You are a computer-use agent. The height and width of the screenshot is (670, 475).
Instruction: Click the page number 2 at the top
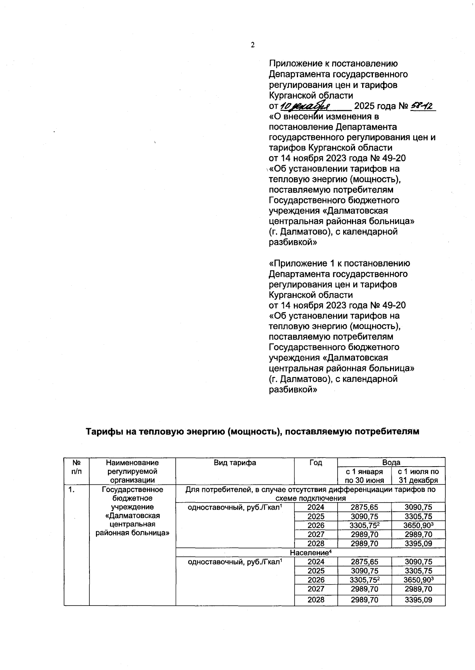point(253,45)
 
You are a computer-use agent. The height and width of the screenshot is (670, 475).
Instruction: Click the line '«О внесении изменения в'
point(324,117)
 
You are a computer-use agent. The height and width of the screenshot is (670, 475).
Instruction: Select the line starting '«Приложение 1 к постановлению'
point(339,264)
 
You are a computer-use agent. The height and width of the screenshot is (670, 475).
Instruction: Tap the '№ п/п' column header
point(76,467)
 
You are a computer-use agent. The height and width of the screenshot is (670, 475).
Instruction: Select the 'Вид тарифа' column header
point(235,463)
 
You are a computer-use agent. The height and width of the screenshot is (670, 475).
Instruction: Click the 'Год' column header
point(315,463)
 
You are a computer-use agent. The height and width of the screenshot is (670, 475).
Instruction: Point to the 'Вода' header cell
point(391,462)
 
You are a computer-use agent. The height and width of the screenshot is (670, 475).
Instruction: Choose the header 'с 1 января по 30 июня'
point(364,476)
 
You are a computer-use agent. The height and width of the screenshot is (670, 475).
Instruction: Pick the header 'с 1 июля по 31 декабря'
point(418,476)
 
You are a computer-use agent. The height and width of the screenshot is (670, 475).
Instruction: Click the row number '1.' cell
point(71,490)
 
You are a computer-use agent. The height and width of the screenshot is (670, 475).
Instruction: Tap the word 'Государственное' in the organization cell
point(133,490)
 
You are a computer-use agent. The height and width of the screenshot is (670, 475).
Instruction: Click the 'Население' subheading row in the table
point(310,552)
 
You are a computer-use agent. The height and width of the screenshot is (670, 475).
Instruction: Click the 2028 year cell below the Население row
point(315,600)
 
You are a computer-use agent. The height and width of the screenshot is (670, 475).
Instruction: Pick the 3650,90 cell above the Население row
point(418,525)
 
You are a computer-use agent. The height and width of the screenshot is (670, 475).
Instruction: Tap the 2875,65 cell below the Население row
point(364,562)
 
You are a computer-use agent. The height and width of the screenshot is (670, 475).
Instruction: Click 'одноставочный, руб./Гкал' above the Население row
point(234,507)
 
